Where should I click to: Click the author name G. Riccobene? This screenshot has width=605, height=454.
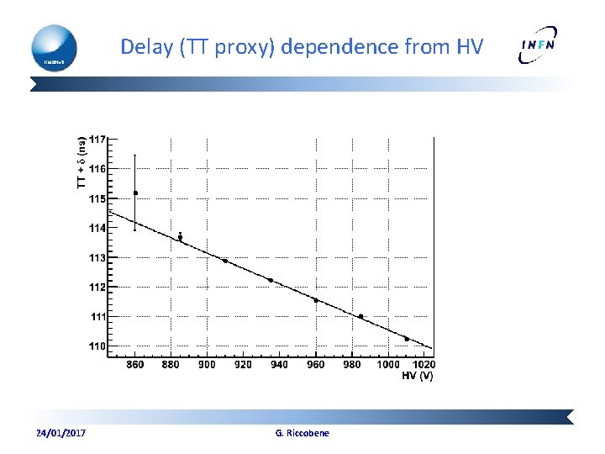click(x=302, y=433)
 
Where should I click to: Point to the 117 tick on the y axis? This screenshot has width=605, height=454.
click(x=97, y=139)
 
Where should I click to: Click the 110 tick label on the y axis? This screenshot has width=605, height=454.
click(x=97, y=346)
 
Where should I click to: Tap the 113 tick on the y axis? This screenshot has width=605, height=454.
click(x=97, y=257)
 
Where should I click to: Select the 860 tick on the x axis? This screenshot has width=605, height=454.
click(x=135, y=364)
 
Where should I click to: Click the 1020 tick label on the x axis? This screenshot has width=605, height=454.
click(x=424, y=364)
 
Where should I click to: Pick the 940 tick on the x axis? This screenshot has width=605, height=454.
click(x=280, y=364)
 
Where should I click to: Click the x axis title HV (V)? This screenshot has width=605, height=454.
click(x=418, y=375)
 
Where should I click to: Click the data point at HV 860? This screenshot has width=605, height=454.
click(x=135, y=193)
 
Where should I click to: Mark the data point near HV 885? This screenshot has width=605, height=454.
click(x=180, y=237)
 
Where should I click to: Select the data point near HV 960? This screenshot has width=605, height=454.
click(x=316, y=300)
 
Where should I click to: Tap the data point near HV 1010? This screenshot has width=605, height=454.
click(x=407, y=339)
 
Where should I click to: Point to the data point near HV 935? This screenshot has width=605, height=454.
click(x=271, y=280)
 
